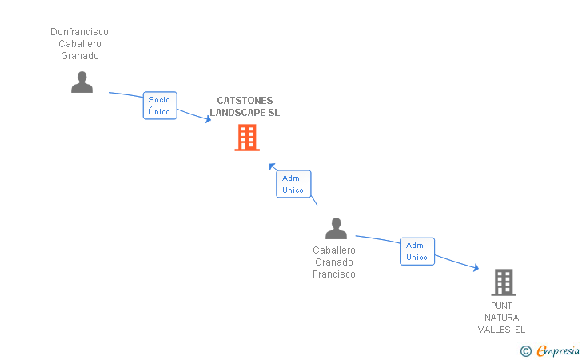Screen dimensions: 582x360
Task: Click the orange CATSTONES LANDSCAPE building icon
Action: pos(247,138)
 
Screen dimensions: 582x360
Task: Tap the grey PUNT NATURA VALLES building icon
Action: pos(503,282)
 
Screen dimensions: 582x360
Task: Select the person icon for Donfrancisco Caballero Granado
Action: pos(82,82)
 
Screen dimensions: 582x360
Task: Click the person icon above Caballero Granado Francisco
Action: pos(336,229)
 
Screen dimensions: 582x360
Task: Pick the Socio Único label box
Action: pos(160,106)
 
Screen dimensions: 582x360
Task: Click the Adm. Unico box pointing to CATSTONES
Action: pos(293,184)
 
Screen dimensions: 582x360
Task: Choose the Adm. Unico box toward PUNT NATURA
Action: pos(417,251)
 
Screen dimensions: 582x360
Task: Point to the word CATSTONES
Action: pos(245,101)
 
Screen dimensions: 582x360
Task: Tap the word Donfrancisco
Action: pos(79,32)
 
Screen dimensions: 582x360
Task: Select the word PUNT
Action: pos(502,306)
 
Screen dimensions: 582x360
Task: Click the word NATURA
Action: pos(502,318)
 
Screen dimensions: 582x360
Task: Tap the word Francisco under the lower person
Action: pos(334,274)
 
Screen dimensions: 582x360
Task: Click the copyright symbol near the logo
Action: pos(525,350)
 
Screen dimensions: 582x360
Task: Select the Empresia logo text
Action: pos(558,350)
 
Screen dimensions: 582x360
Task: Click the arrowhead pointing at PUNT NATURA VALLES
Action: pos(476,269)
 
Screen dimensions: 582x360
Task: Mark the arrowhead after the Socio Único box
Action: pos(208,119)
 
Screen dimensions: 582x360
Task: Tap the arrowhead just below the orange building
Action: pos(272,166)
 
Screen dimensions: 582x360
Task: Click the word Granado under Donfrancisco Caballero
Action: pos(79,56)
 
